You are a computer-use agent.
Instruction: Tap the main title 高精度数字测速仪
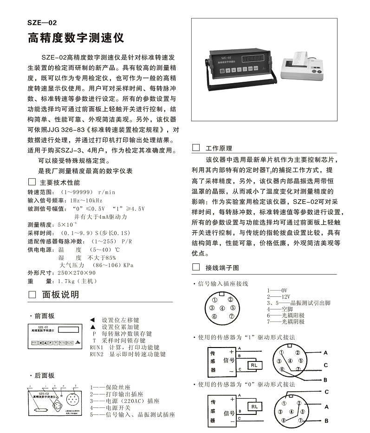tap(76, 37)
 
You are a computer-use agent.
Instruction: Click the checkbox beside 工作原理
tap(196, 148)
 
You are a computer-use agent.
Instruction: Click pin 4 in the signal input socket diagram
tap(222, 308)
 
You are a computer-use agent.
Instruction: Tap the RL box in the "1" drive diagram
tap(254, 365)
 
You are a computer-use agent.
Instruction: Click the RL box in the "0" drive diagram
tap(254, 407)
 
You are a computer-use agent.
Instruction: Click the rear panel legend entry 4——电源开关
tap(110, 407)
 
